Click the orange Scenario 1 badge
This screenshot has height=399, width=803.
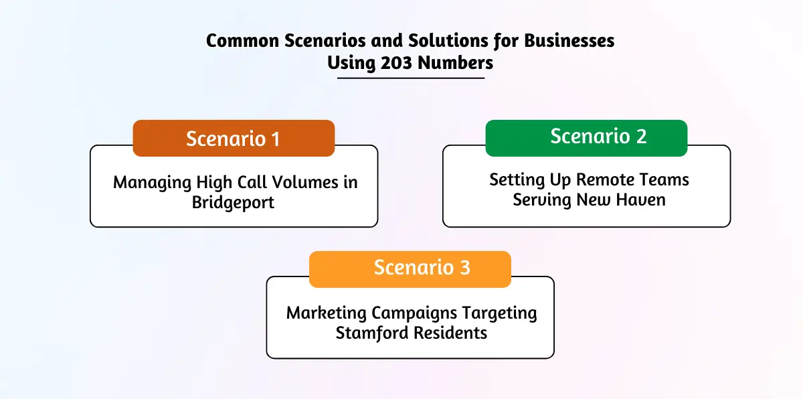234,138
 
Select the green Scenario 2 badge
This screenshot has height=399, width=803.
586,138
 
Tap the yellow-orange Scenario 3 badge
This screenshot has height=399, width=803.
410,269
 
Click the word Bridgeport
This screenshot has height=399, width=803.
233,203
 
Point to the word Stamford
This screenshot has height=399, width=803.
372,333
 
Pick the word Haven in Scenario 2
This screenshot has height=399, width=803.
640,200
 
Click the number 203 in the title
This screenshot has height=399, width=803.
396,63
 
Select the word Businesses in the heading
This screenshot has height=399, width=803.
569,41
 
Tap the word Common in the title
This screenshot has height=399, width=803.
243,41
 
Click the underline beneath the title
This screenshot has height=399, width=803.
411,78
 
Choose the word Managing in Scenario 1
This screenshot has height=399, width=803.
152,183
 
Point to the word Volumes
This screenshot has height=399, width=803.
305,182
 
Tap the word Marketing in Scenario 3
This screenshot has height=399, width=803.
327,313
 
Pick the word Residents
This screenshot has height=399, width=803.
450,333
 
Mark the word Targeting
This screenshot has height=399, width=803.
499,313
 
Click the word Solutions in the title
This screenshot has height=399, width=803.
448,41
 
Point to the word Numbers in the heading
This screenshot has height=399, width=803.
455,63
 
